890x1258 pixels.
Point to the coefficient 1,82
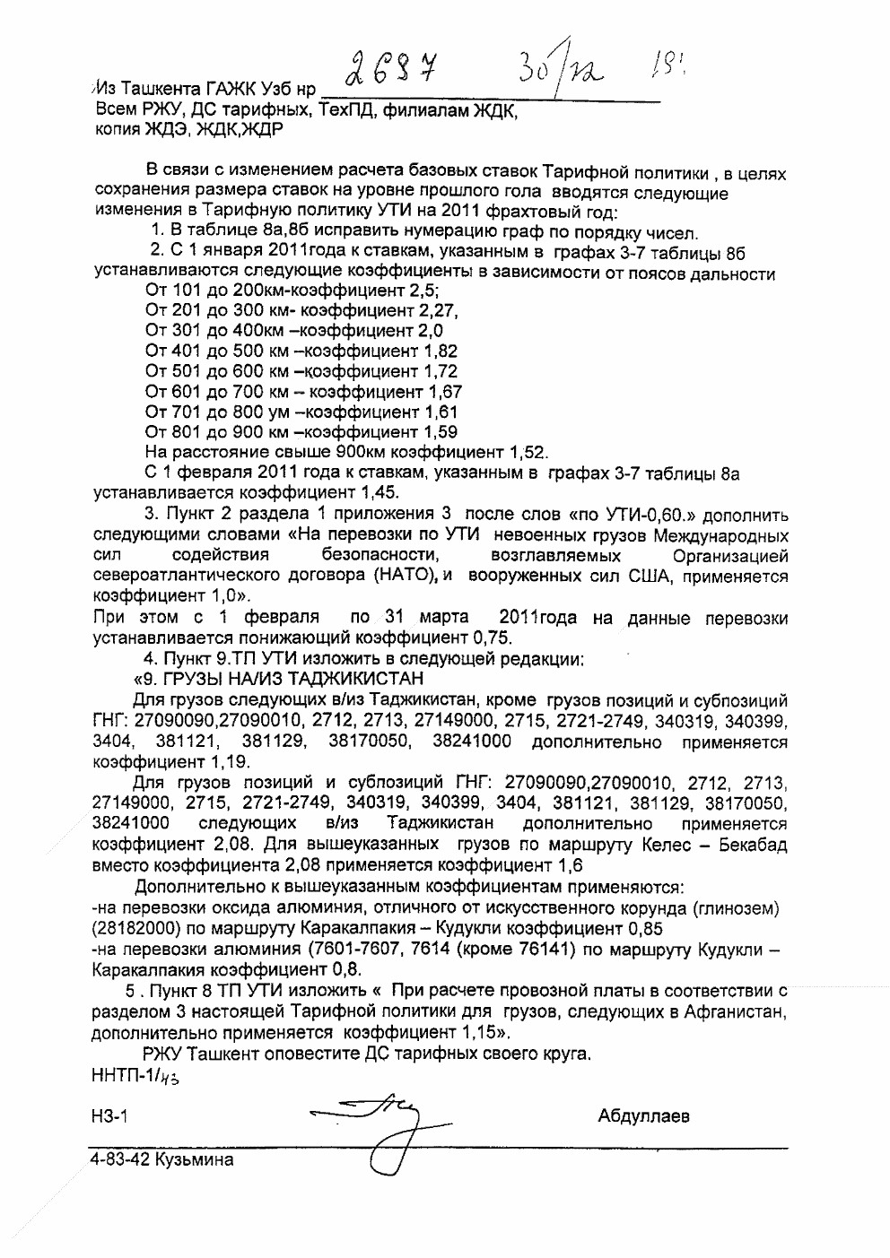tap(440, 351)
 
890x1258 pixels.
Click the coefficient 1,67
tap(444, 392)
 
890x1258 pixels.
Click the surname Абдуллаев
tap(643, 1116)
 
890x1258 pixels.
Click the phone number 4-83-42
tap(119, 1159)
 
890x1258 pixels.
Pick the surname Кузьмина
tap(194, 1159)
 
